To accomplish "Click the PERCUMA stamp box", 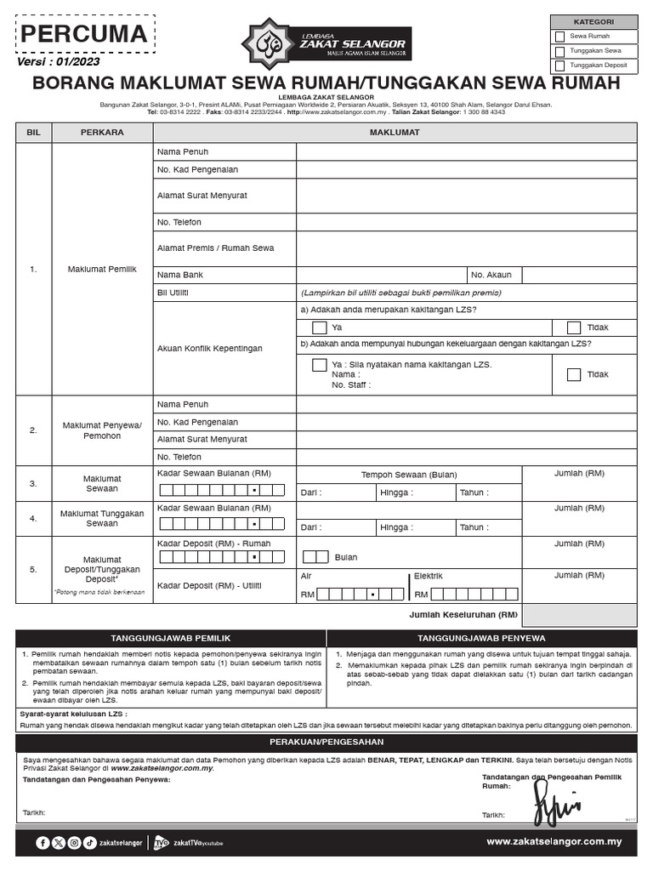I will (x=83, y=35).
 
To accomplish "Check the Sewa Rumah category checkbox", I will (x=559, y=37).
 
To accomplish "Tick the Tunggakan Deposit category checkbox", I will (x=559, y=65).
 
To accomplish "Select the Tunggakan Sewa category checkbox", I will (x=559, y=51).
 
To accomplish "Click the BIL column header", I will (x=33, y=133).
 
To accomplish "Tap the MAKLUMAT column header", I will (x=395, y=133).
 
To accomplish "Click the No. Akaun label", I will (x=491, y=276).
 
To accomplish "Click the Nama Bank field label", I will (x=180, y=276).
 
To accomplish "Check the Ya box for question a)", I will (x=319, y=327).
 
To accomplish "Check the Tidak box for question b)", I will (x=574, y=374).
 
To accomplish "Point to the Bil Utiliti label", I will (x=173, y=293).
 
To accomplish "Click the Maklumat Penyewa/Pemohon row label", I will (x=102, y=430).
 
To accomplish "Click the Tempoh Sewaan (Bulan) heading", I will (x=408, y=475).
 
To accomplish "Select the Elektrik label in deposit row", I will (x=429, y=577).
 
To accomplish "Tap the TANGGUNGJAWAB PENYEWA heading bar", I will (x=481, y=638).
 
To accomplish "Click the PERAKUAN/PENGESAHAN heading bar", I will (x=326, y=743).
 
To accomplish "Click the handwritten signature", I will (x=554, y=801).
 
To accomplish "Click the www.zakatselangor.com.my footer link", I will (x=554, y=841).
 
